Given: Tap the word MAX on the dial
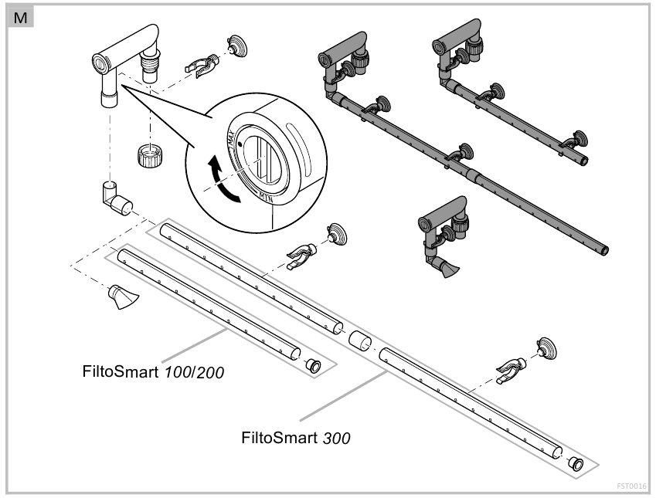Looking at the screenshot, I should pos(230,140).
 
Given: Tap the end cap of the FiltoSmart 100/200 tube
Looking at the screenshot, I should pos(313,364).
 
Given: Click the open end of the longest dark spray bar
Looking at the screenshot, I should pos(604,250).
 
